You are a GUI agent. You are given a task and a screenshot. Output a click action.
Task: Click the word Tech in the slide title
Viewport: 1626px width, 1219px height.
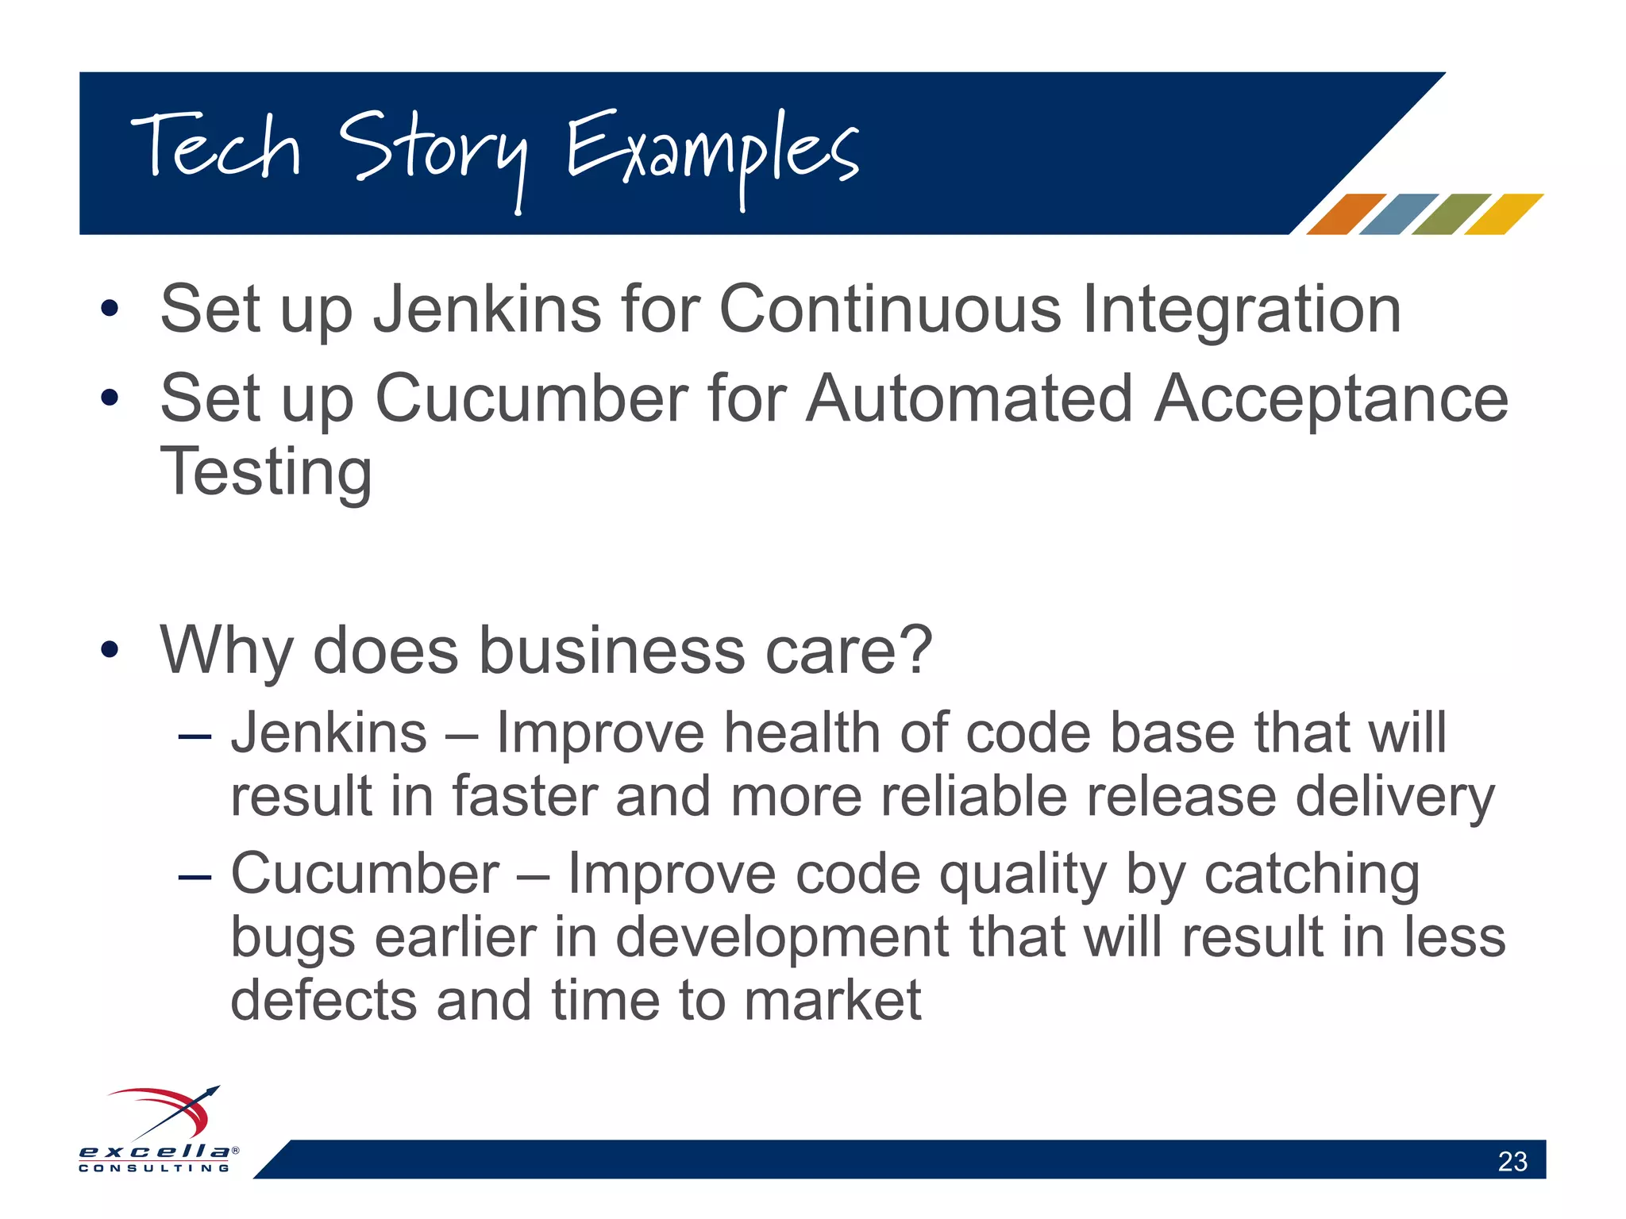coord(216,147)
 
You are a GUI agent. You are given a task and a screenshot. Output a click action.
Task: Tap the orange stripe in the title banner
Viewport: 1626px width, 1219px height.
coord(1345,214)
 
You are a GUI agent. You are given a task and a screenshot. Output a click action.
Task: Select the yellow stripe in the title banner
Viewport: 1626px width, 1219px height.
coord(1503,214)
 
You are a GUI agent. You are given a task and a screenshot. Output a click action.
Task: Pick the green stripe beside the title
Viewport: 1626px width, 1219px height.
coord(1451,214)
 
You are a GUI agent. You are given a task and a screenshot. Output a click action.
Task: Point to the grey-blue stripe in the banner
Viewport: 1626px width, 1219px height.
coord(1397,214)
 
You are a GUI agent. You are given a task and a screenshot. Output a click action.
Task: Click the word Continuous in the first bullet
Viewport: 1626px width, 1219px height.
coord(889,310)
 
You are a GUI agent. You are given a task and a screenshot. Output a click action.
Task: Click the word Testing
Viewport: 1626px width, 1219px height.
coord(266,473)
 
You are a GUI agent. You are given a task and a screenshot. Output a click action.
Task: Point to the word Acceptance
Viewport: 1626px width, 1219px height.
coord(1330,400)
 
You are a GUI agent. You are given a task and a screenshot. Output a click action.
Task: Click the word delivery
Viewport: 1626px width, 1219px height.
coord(1394,797)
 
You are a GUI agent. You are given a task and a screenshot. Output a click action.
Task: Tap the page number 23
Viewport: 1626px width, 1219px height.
coord(1512,1161)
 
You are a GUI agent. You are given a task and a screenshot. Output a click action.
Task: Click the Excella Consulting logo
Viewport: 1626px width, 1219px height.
coord(159,1130)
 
